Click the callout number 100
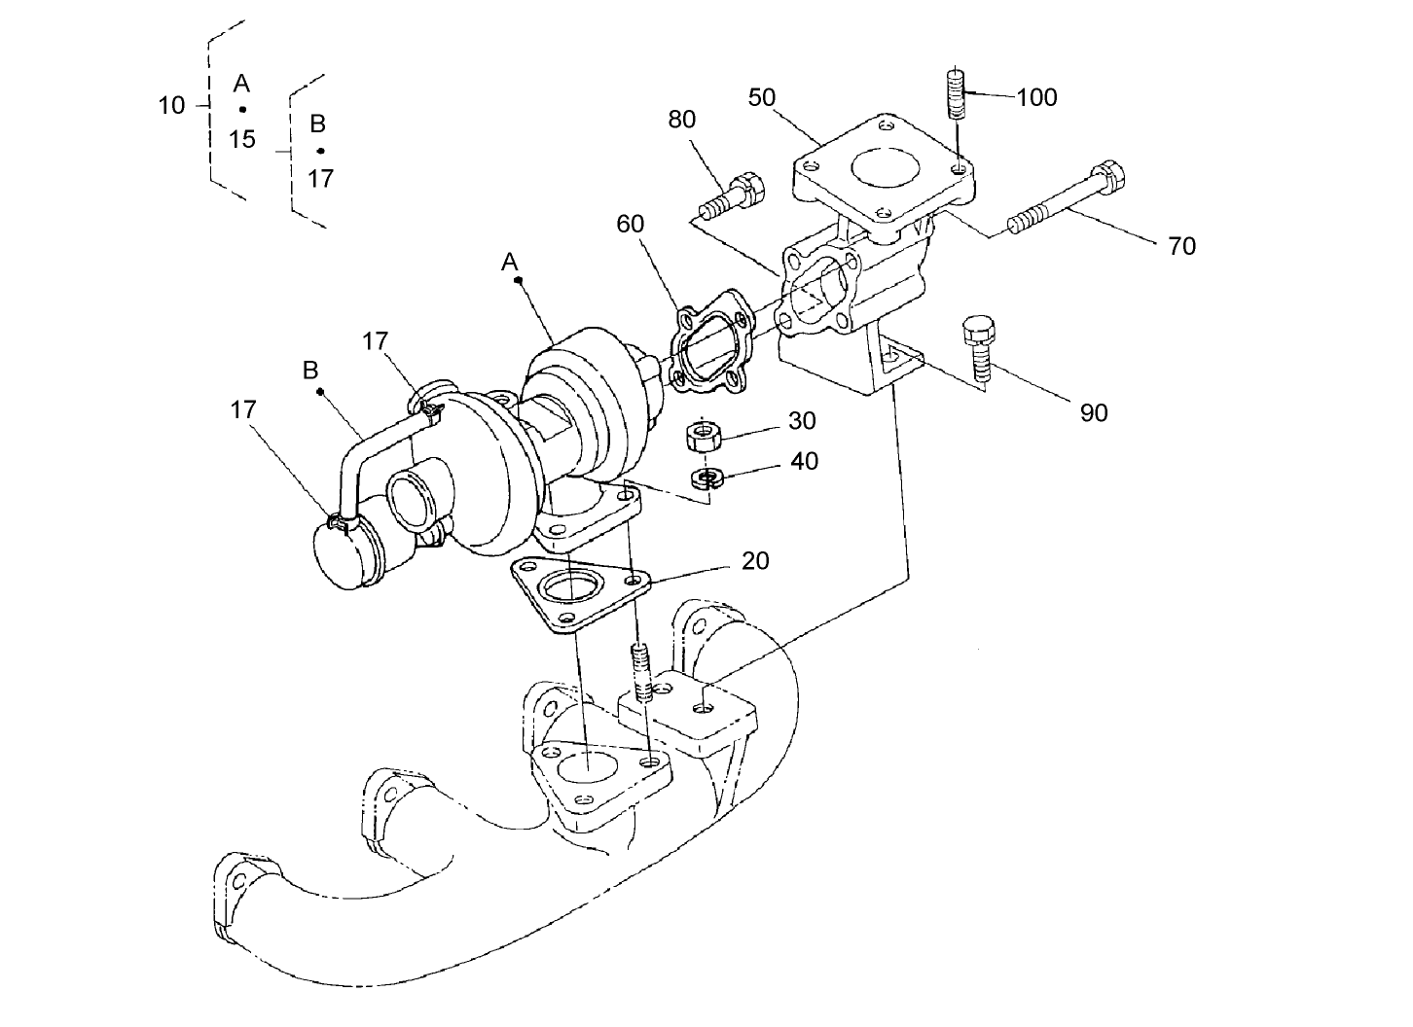click(x=1036, y=97)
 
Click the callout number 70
click(x=1181, y=247)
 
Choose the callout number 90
click(x=1094, y=413)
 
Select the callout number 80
click(x=681, y=120)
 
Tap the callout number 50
click(x=762, y=97)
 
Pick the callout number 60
click(x=630, y=224)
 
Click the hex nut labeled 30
click(x=704, y=436)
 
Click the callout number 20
click(x=754, y=561)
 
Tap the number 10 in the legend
click(x=171, y=105)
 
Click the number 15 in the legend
click(x=242, y=139)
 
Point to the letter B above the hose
click(x=310, y=371)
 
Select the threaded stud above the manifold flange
click(x=640, y=673)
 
